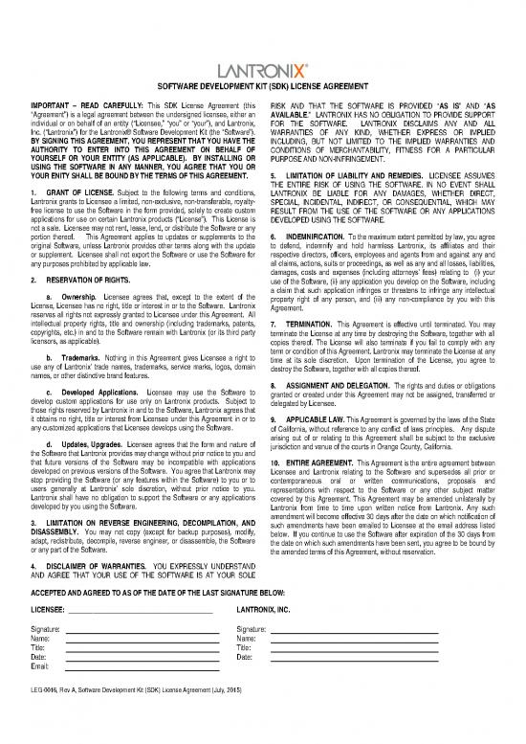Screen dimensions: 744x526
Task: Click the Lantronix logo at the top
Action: [x=263, y=72]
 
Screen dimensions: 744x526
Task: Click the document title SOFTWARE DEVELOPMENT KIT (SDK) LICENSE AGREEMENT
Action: [x=263, y=89]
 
